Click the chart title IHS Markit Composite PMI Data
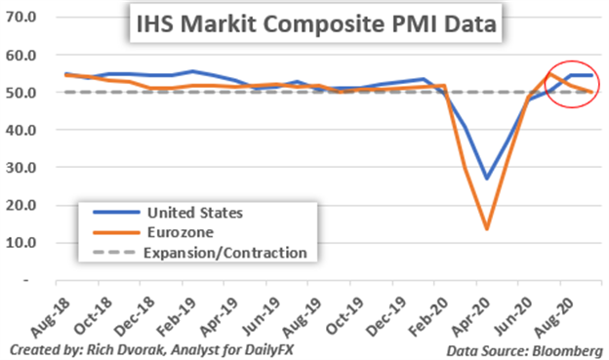click(x=313, y=22)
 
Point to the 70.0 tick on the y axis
click(x=22, y=17)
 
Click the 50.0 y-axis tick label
click(x=22, y=93)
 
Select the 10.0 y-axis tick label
click(x=22, y=243)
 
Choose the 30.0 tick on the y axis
click(x=22, y=168)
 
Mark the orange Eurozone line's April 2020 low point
click(x=486, y=229)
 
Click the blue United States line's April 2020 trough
click(x=486, y=179)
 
